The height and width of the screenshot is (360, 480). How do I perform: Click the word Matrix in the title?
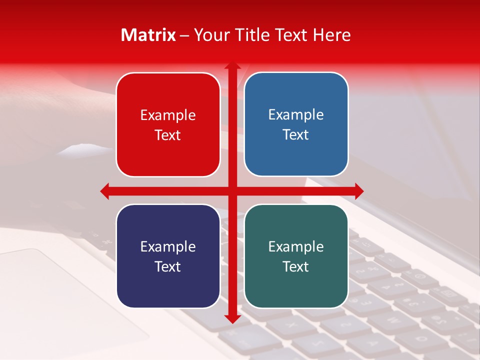[x=148, y=35]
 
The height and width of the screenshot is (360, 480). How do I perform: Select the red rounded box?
[x=168, y=124]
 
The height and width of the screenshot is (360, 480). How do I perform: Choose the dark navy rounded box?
[x=168, y=256]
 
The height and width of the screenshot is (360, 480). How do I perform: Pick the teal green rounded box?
[x=296, y=256]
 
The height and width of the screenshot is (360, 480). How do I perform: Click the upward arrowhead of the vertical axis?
[x=232, y=65]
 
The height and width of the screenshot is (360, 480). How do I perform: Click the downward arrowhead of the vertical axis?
[x=232, y=318]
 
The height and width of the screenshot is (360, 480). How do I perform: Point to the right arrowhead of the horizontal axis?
[x=359, y=190]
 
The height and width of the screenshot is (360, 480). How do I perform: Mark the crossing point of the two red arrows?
[x=232, y=190]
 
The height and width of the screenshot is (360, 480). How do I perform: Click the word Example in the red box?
[x=168, y=115]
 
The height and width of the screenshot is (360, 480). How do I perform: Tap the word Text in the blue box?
[x=296, y=135]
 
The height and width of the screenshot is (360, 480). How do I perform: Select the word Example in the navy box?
[x=168, y=247]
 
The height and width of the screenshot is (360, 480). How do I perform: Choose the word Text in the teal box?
[x=296, y=266]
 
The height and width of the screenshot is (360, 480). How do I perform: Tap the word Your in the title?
[x=209, y=35]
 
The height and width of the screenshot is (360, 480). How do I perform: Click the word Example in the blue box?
[x=296, y=115]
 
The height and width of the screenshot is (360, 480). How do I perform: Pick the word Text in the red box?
[x=168, y=135]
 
